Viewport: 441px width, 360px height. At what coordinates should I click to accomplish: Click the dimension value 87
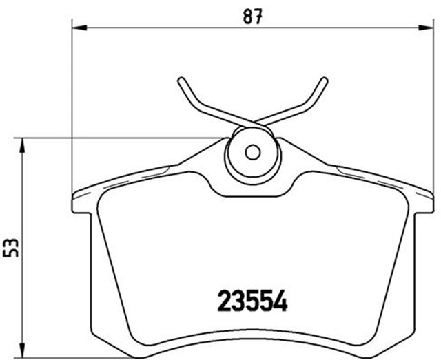pyautogui.click(x=255, y=16)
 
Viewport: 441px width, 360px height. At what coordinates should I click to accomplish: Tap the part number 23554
pyautogui.click(x=252, y=301)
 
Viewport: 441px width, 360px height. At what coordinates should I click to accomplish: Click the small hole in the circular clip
pyautogui.click(x=252, y=152)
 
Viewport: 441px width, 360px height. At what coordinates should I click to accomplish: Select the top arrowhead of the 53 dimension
pyautogui.click(x=23, y=142)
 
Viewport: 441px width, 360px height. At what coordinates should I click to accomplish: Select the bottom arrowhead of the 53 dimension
pyautogui.click(x=23, y=350)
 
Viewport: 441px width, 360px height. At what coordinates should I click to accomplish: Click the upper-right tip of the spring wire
pyautogui.click(x=325, y=80)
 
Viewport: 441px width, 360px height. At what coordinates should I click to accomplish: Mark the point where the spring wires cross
pyautogui.click(x=252, y=122)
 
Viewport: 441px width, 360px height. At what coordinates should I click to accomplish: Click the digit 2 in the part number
pyautogui.click(x=225, y=301)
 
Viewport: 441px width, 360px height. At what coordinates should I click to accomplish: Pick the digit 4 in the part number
pyautogui.click(x=280, y=301)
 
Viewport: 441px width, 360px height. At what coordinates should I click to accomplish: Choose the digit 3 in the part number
pyautogui.click(x=238, y=301)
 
